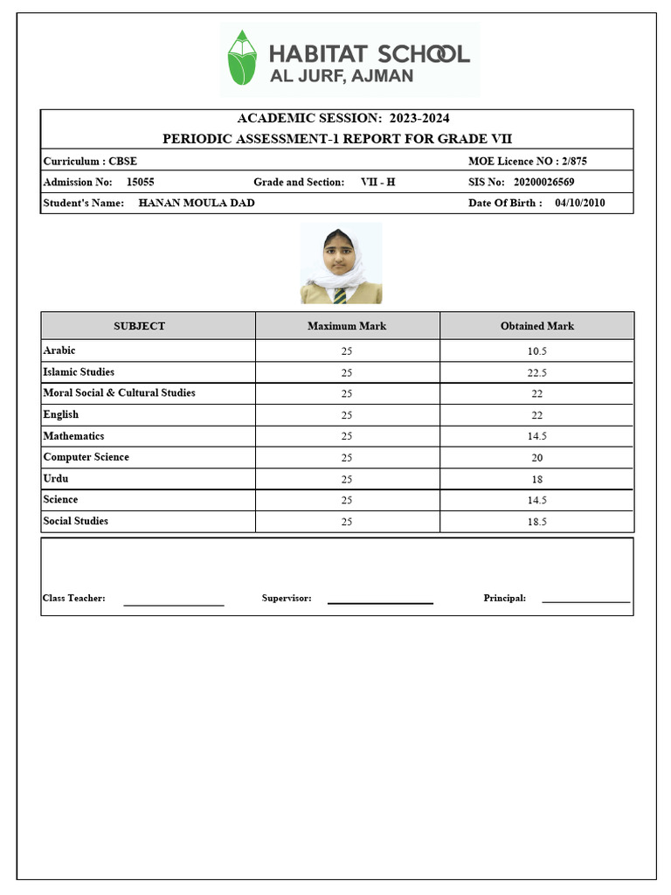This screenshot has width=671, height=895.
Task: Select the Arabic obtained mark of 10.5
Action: (536, 350)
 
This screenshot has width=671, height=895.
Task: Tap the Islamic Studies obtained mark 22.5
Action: (536, 372)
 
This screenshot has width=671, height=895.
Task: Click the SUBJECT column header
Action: (139, 326)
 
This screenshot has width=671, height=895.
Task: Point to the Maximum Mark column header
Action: (347, 326)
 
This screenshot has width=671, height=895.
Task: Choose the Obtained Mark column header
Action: (536, 326)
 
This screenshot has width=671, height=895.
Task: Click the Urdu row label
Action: (56, 479)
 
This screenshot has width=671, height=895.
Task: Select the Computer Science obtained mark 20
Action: (536, 458)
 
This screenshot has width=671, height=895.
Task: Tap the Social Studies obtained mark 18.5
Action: (536, 522)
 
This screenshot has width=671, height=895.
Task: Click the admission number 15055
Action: (141, 182)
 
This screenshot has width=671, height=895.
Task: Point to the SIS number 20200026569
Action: (543, 182)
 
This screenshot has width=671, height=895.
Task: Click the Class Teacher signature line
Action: (173, 604)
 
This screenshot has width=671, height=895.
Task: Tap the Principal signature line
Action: (585, 601)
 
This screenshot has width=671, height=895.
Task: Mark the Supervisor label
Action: (287, 598)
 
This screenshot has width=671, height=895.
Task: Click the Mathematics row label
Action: (73, 436)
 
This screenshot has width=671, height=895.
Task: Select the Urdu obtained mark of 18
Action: (536, 480)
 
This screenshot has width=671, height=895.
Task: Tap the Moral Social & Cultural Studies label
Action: (119, 393)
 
